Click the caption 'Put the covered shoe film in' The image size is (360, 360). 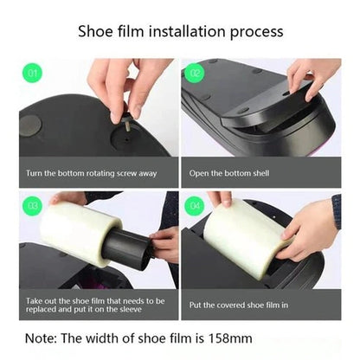(x=238, y=305)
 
